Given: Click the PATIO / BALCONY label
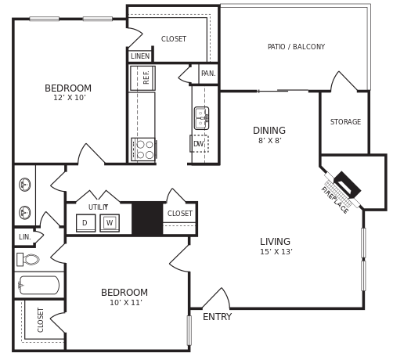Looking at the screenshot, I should pos(296,47).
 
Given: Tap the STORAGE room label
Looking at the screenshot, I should pos(345,122).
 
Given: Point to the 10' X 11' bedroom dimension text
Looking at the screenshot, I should pos(124,303).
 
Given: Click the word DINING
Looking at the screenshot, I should pos(269,131).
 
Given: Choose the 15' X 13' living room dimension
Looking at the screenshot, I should pos(276,252).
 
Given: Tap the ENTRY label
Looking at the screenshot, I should pos(217,317).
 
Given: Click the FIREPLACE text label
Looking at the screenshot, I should pos(334,200).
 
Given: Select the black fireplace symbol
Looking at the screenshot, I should pos(346,185).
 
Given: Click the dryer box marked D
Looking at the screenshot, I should pos(85,222).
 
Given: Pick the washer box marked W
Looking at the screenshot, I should pos(110,222).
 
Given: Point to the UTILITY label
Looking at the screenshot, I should pos(98,207).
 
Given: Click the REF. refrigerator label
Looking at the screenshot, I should pos(146,77).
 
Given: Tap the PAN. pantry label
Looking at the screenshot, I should pos(208,74).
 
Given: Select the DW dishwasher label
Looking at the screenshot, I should pos(198,144).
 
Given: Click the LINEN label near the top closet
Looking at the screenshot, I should pos(140,56).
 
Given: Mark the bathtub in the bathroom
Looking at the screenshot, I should pos(39,285).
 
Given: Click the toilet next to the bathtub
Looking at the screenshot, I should pos(30,259).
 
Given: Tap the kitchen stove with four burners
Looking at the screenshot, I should pos(143,149).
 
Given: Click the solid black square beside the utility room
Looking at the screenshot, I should pos(147,218).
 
